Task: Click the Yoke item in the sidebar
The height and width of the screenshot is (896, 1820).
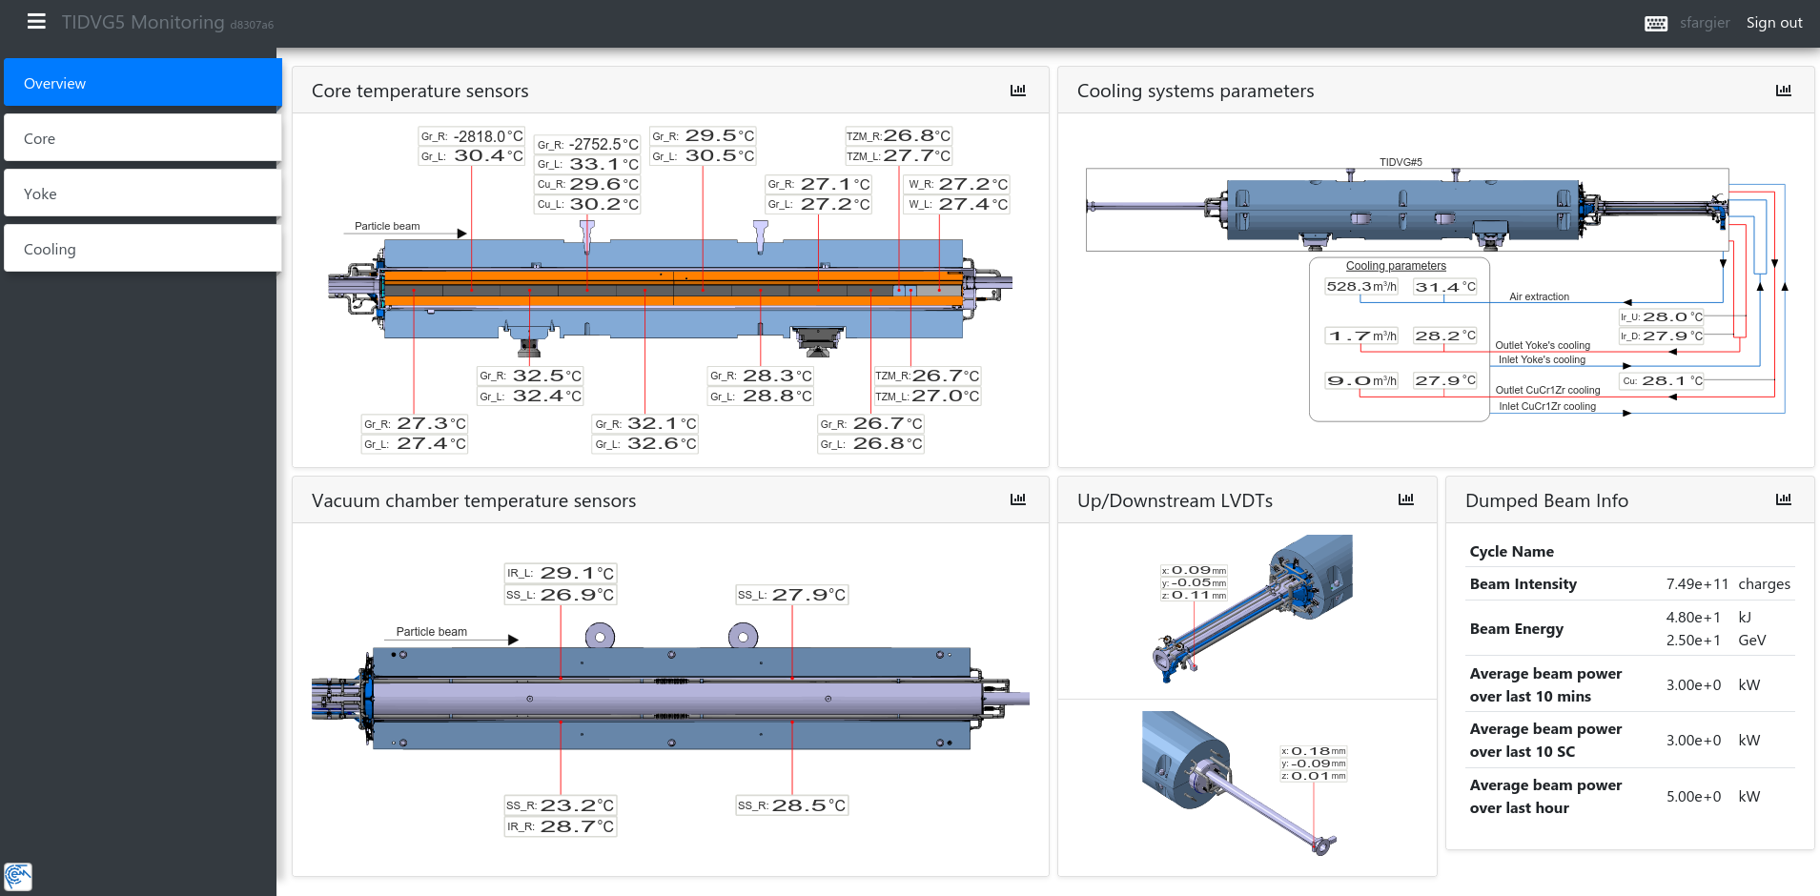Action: coord(143,193)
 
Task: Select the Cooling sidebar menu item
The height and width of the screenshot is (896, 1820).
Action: coord(143,249)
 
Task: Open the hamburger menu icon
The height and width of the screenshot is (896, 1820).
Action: coord(36,21)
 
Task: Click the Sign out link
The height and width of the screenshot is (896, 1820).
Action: coord(1774,23)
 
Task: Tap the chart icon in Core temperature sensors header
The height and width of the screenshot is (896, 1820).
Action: coord(1018,91)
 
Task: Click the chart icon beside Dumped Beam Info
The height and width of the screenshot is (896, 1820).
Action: coord(1784,499)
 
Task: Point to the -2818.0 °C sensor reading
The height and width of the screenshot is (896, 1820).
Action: coord(488,136)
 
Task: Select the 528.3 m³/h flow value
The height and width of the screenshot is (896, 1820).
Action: coord(1361,287)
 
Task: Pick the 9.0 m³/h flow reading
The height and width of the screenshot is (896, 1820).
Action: coord(1361,381)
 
